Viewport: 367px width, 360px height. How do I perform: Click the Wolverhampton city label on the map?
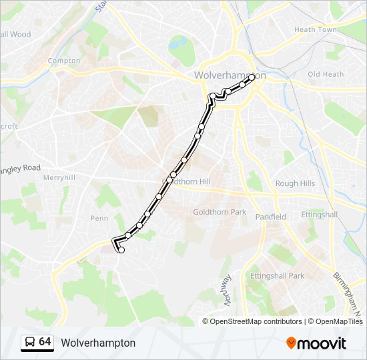point(230,75)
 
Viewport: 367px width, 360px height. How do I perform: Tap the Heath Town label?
point(315,29)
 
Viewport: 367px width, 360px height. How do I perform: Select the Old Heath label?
point(325,74)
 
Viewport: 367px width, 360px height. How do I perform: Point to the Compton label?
point(63,61)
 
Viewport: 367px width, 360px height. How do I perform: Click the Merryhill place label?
point(59,178)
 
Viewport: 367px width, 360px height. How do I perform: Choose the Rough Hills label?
point(295,184)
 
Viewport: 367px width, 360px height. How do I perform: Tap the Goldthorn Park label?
point(220,212)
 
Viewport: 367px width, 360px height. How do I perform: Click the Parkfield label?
point(270,217)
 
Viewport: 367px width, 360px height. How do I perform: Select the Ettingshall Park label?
point(277,275)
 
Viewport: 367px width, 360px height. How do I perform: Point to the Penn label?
point(99,218)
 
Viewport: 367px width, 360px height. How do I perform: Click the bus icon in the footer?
point(29,343)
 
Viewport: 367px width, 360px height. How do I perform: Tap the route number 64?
point(45,342)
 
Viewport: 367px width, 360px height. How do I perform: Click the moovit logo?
point(316,343)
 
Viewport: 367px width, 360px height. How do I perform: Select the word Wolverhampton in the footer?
point(98,343)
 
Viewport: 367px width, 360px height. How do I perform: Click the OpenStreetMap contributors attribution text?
point(256,321)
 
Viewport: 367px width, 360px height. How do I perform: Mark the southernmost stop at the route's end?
point(121,251)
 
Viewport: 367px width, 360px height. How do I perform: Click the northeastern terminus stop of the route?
point(252,77)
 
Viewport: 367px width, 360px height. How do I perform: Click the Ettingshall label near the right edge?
point(319,215)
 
